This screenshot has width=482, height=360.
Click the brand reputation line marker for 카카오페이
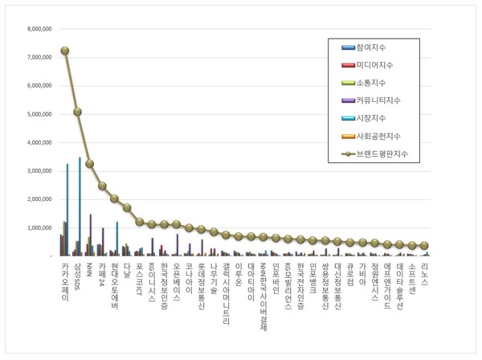(x=65, y=51)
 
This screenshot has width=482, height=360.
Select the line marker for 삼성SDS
(x=77, y=112)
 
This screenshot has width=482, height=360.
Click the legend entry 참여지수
(x=373, y=47)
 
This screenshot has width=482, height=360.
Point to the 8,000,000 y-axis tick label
(x=39, y=29)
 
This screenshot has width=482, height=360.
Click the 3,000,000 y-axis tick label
(x=39, y=171)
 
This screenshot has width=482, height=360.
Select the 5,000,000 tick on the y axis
(x=39, y=114)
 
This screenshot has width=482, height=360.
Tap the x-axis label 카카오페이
(x=65, y=280)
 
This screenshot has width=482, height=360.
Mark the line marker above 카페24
(x=102, y=186)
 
